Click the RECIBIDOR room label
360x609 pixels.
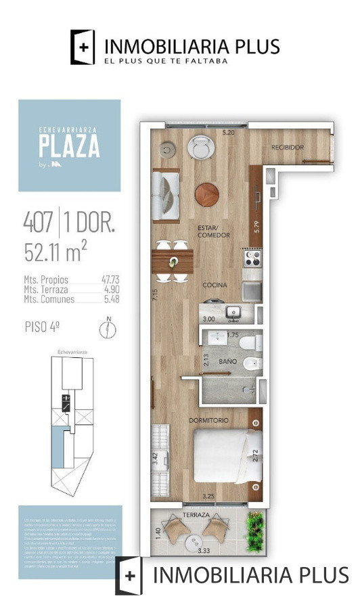pyautogui.click(x=288, y=148)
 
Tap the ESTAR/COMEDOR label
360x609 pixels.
pyautogui.click(x=214, y=231)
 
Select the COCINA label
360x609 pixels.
pyautogui.click(x=215, y=285)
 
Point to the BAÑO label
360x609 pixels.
pyautogui.click(x=227, y=362)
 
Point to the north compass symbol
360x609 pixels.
pyautogui.click(x=105, y=329)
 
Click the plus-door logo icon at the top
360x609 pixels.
pyautogui.click(x=83, y=47)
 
